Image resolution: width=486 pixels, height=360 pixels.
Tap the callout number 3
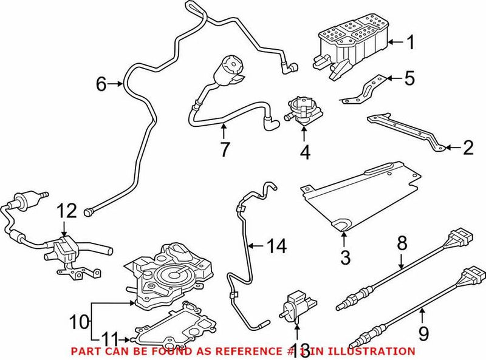(345, 257)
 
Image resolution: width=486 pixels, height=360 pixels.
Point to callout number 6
(101, 84)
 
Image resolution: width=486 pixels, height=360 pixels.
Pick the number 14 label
(278, 246)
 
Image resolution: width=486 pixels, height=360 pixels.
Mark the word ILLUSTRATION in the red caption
(374, 351)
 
